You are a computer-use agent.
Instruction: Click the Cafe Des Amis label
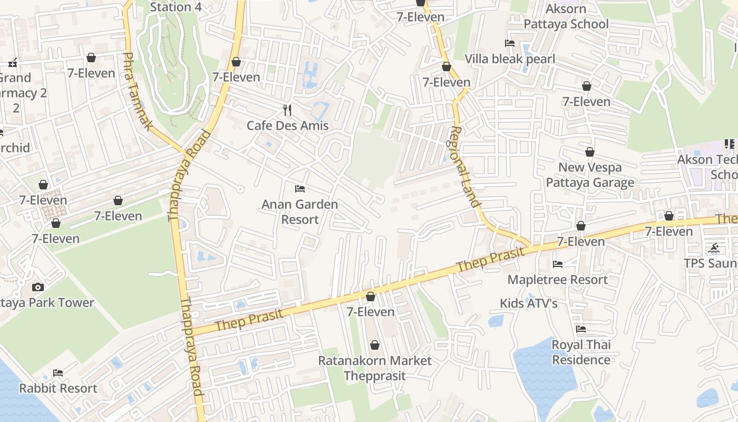coord(287,126)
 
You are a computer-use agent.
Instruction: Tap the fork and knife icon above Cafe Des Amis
coord(287,110)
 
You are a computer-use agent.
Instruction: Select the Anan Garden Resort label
coord(299,212)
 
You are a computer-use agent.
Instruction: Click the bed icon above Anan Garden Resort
coord(300,188)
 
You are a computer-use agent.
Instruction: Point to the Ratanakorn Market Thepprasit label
coord(374,368)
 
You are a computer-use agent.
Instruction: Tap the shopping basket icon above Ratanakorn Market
coord(374,345)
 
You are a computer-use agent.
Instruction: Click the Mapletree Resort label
coord(558,280)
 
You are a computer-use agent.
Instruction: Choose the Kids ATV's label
coord(529,303)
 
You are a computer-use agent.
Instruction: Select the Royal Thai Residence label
coord(581,352)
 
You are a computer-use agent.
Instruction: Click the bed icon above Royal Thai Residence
coord(581,329)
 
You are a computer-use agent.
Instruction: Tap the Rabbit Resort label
coord(58,388)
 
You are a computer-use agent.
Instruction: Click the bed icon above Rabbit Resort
coord(58,372)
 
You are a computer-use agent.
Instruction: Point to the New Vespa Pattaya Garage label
coord(590,175)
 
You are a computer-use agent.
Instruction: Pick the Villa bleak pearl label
coord(510,59)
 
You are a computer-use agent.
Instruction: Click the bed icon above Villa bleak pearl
coord(510,43)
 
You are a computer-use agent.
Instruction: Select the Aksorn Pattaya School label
coord(566,16)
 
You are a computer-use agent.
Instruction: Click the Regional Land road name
coord(463,166)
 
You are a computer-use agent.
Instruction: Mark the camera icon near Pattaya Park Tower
coord(37,287)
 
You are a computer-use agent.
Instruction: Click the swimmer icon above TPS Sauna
coord(714,248)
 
